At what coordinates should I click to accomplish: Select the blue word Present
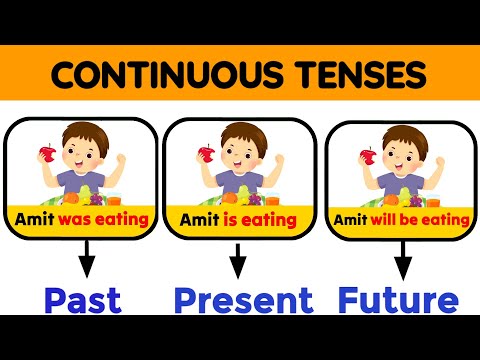244,300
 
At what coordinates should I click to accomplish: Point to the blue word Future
398,300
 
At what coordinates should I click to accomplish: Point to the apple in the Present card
204,154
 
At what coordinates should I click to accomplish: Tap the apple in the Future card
368,156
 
